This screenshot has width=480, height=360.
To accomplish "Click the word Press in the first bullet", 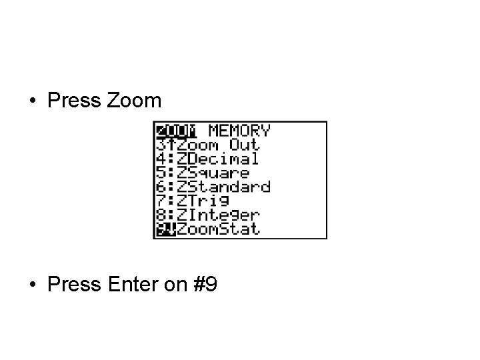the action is (x=74, y=101).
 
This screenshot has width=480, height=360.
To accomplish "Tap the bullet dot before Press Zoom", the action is (x=32, y=101).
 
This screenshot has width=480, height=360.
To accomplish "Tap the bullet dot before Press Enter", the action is (x=32, y=285).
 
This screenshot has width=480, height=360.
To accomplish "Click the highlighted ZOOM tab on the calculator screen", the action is (x=175, y=131).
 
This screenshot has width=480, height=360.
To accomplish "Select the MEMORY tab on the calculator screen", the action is (x=239, y=131).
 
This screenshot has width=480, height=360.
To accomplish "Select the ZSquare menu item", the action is (x=213, y=173).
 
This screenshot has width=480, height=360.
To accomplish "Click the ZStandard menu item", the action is (x=223, y=187).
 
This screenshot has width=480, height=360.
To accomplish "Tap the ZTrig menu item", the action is (x=203, y=201).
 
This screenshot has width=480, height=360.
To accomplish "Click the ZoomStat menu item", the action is (x=218, y=229).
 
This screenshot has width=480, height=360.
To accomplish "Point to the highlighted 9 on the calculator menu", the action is (x=160, y=229).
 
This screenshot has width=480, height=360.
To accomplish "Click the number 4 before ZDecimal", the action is (x=160, y=159).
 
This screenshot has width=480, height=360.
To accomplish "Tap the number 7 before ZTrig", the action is (x=160, y=201).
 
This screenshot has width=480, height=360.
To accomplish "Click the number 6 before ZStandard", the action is (x=160, y=187).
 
